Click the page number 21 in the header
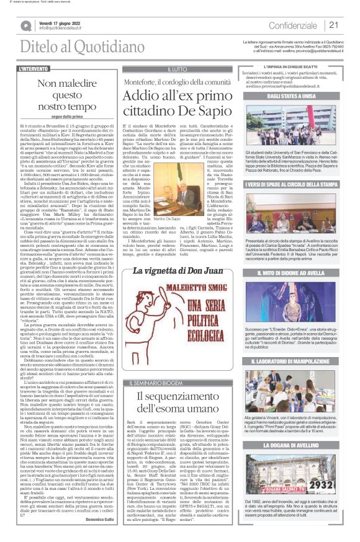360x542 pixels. pos(334,25)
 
